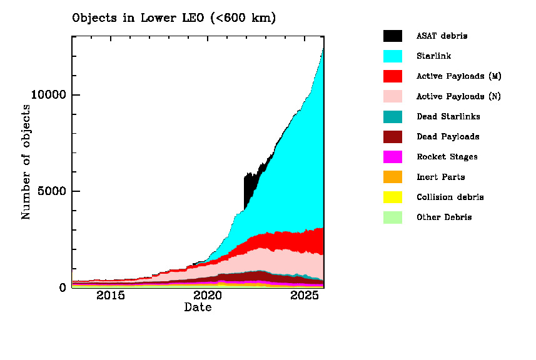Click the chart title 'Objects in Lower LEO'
[174, 18]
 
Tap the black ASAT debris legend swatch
[393, 36]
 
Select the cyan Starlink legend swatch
[393, 56]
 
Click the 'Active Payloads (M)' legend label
[459, 76]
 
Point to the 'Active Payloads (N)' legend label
[459, 96]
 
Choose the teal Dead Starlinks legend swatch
[393, 116]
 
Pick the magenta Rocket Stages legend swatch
[393, 157]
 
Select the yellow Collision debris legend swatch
[393, 197]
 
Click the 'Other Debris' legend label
[444, 217]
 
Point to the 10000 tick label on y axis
[49, 95]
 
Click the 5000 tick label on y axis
[52, 191]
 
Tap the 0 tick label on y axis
[61, 287]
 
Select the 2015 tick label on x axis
[111, 296]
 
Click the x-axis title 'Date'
[198, 307]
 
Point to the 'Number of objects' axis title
[26, 162]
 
